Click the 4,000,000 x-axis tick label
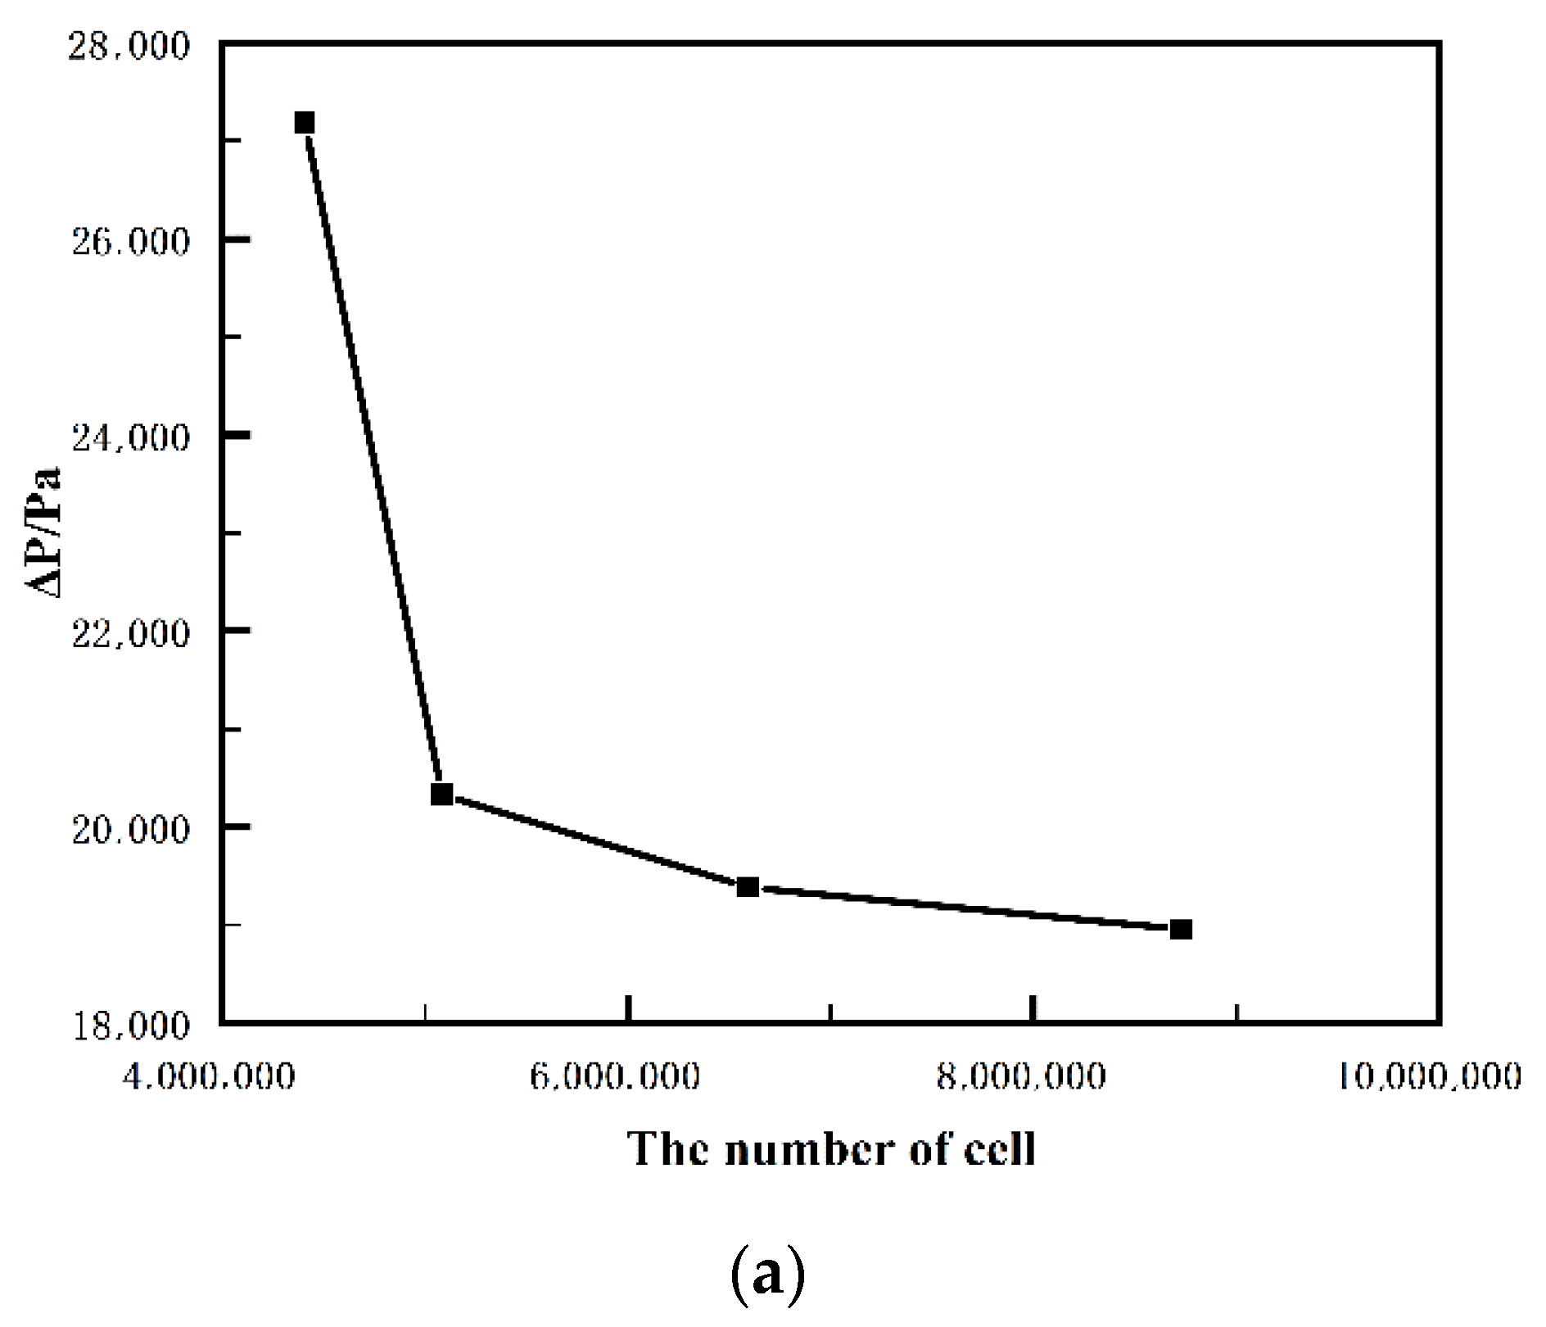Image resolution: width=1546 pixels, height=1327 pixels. click(208, 1076)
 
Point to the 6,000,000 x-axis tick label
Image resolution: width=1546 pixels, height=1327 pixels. click(615, 1076)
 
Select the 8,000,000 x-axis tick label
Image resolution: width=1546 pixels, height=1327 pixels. click(1021, 1076)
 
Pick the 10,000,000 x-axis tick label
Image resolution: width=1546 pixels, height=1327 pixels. click(1430, 1076)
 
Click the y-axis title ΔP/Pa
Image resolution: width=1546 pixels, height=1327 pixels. click(43, 532)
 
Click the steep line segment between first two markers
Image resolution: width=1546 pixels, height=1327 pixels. click(373, 459)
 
